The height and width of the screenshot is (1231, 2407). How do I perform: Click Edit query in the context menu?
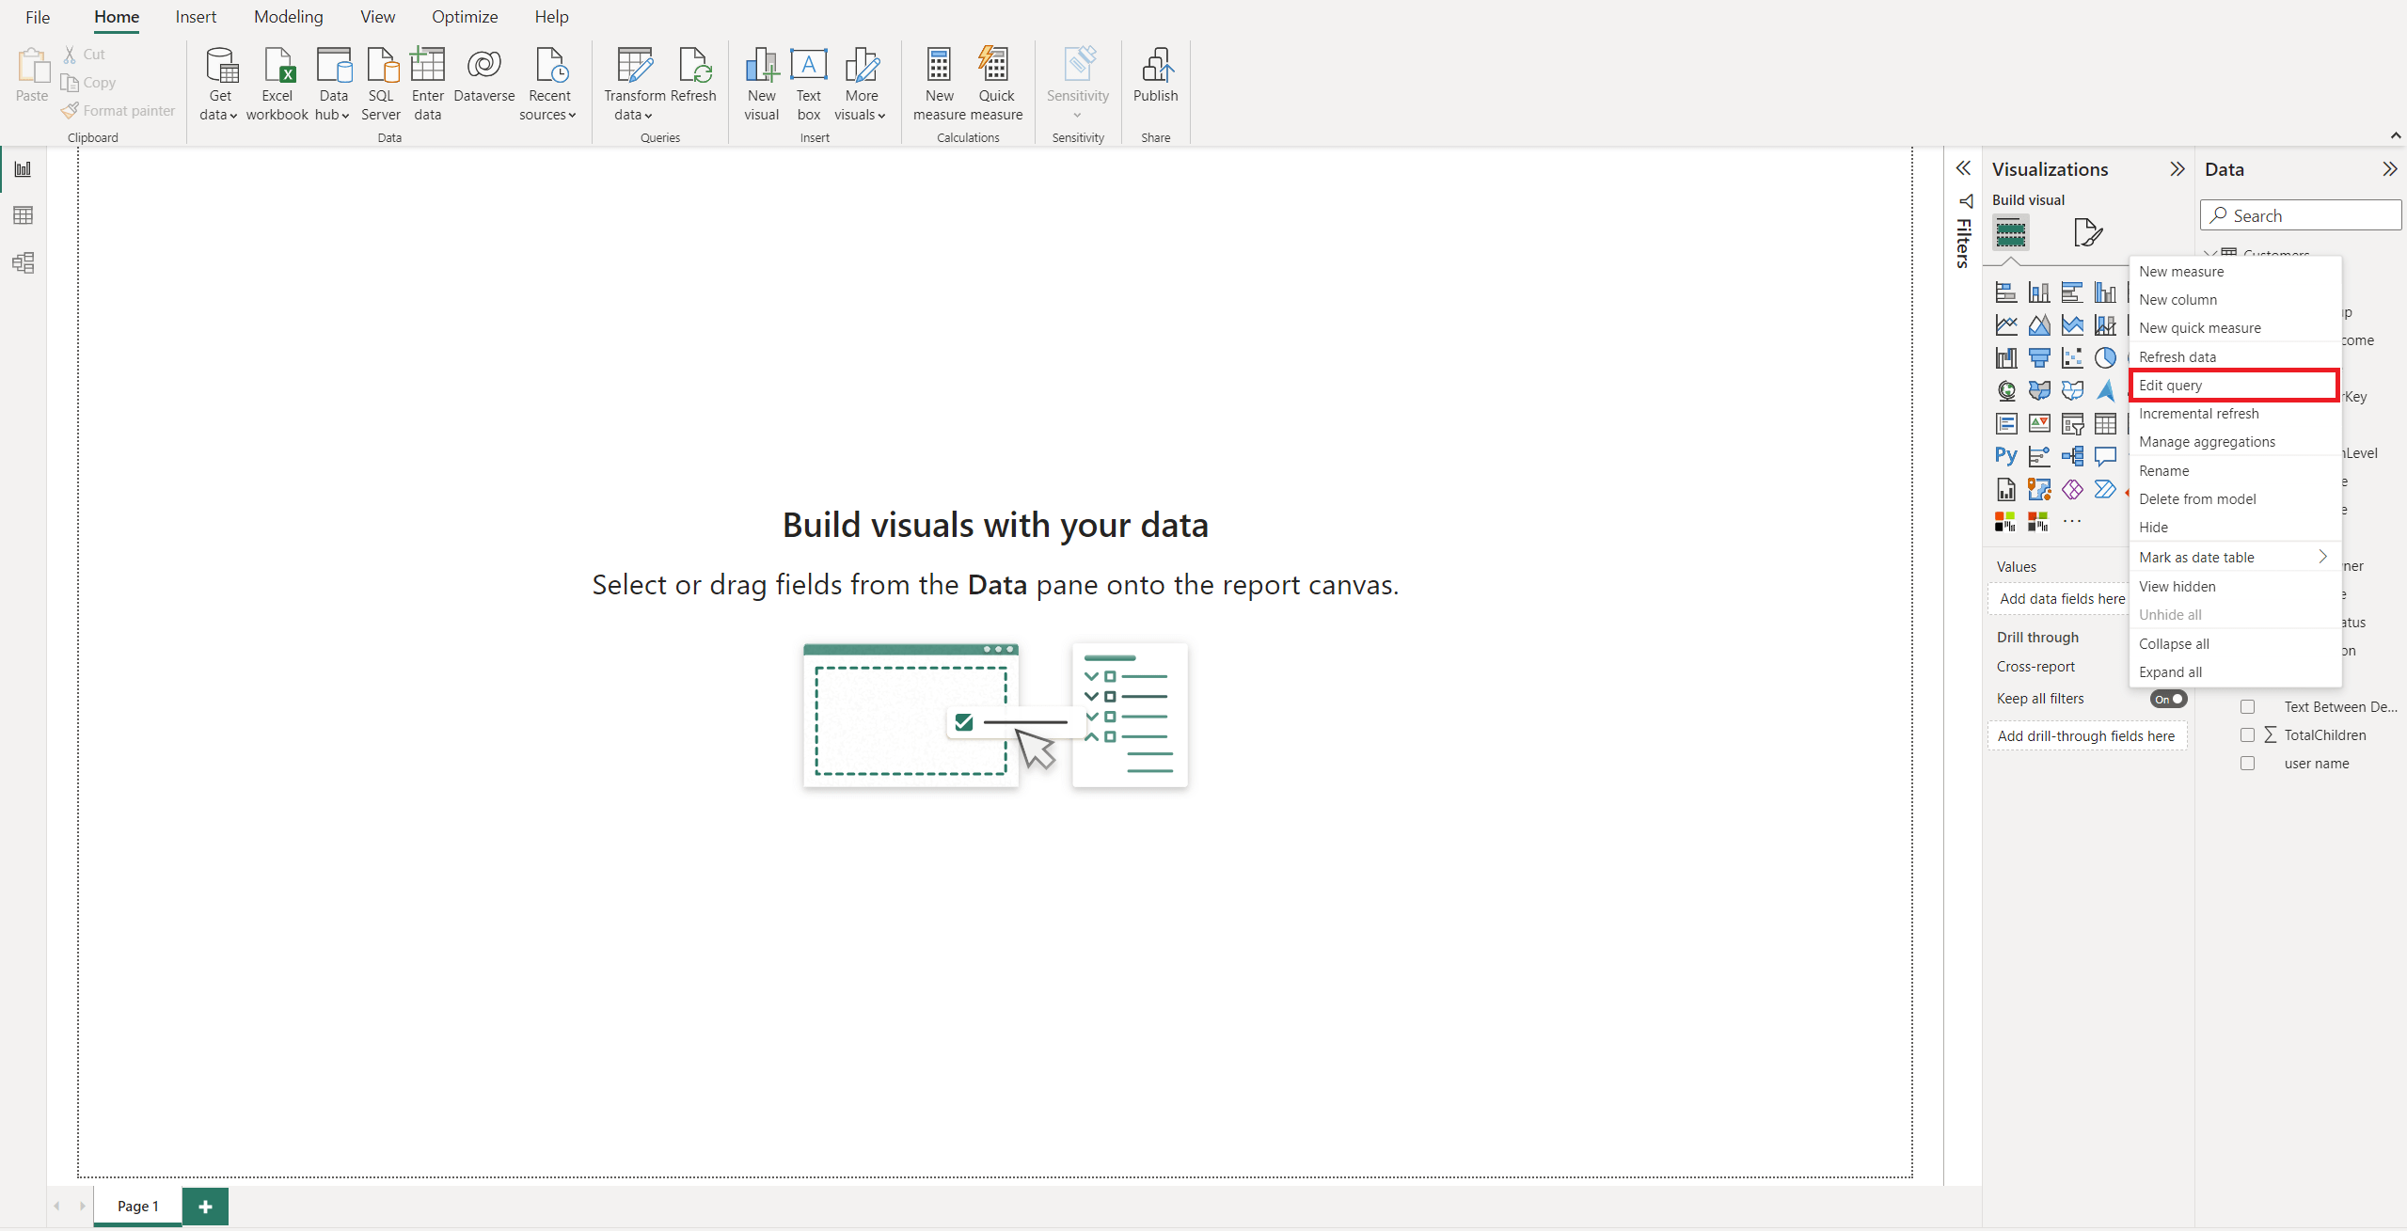2170,386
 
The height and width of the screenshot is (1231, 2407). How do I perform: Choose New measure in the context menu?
2181,272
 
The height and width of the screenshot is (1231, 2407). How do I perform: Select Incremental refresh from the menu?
2198,414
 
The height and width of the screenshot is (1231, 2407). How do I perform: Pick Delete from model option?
2197,499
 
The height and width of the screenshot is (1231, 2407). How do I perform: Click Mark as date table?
2196,558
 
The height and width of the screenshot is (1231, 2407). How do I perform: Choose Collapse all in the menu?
2174,644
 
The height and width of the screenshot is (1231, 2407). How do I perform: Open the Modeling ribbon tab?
288,17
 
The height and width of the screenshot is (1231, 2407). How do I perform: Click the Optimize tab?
465,17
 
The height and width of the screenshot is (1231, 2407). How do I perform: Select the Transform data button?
634,83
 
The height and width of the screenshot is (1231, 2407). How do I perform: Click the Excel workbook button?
277,83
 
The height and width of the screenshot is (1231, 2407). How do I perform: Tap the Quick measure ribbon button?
996,83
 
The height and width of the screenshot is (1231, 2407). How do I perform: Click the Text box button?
809,83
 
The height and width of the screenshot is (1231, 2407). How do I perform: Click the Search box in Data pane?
2301,215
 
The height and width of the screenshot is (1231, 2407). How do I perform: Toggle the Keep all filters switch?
2168,699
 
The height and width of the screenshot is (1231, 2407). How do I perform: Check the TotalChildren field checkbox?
2247,735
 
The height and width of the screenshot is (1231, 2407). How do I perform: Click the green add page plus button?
205,1207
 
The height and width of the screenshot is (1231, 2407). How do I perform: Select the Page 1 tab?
137,1207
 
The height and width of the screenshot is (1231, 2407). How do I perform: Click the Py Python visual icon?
2005,456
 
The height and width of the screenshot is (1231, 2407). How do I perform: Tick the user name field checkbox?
2247,764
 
